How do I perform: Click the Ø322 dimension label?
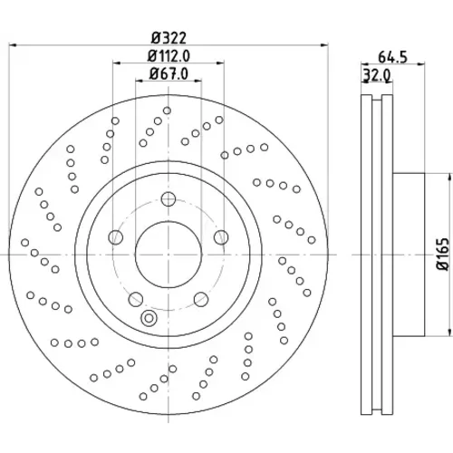169,38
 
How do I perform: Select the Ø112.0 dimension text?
169,56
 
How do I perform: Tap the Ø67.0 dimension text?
169,73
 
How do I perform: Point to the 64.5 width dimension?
392,57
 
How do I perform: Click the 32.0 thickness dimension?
377,75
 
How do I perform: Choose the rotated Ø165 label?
443,255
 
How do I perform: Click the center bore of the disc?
169,255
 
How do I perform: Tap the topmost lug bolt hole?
169,199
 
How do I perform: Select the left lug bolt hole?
116,237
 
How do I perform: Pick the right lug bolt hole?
221,237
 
